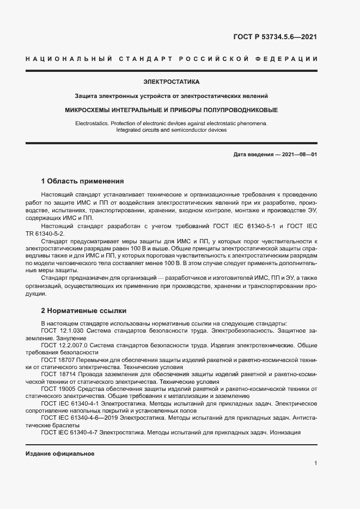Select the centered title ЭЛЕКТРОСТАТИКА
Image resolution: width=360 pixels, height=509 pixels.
[172, 82]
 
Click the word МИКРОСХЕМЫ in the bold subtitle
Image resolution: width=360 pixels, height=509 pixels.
[94, 110]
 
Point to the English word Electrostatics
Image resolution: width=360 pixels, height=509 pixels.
[93, 124]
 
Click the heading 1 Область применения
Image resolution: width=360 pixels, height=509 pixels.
[83, 181]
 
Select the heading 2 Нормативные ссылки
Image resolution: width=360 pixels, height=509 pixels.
[84, 311]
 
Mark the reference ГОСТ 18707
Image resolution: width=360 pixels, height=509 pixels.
[58, 360]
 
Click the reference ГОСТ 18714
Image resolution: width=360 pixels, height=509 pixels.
[58, 375]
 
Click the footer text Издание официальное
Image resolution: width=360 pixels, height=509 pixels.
[60, 453]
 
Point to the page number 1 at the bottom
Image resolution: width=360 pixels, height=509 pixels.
[315, 463]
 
